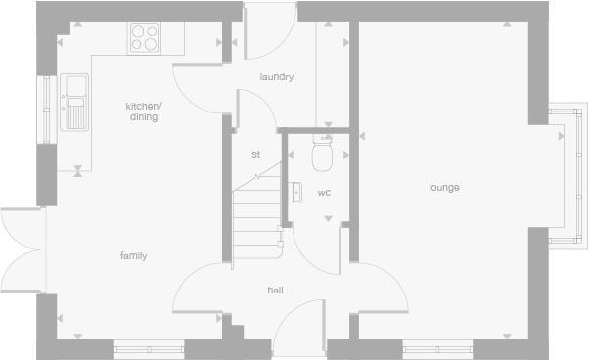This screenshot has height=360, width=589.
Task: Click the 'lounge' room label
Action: (x=443, y=188)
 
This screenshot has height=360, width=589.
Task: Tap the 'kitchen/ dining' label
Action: (x=143, y=112)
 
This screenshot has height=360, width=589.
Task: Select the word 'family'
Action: (x=133, y=256)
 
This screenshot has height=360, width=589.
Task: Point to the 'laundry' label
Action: (x=277, y=77)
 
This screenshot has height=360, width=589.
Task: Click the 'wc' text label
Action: (x=324, y=193)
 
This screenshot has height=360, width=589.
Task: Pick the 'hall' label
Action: (x=275, y=291)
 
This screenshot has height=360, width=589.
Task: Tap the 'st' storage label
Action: (x=256, y=155)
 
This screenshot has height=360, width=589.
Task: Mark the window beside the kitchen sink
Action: (x=45, y=109)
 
